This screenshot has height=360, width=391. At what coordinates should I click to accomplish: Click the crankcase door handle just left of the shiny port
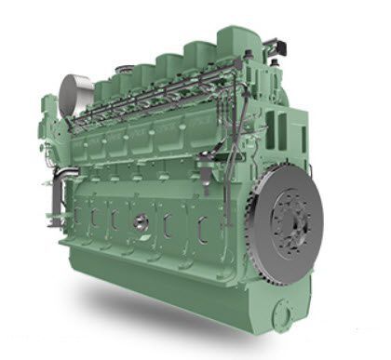point(115,218)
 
